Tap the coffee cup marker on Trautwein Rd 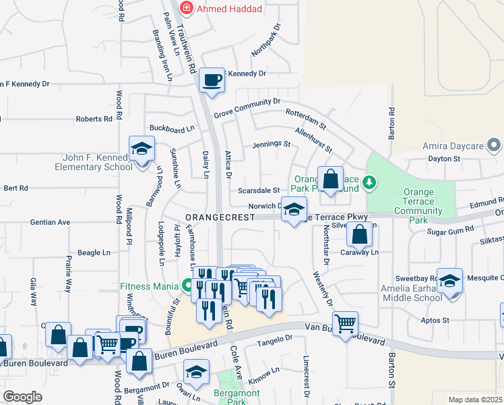pos(212,80)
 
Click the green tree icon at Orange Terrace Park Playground pos(369,182)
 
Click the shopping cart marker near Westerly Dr pos(345,324)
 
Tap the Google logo pos(23,397)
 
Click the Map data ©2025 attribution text pos(475,400)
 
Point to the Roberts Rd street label pos(94,119)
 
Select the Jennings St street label pos(271,144)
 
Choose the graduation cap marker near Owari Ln pos(196,373)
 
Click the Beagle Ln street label pos(94,252)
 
